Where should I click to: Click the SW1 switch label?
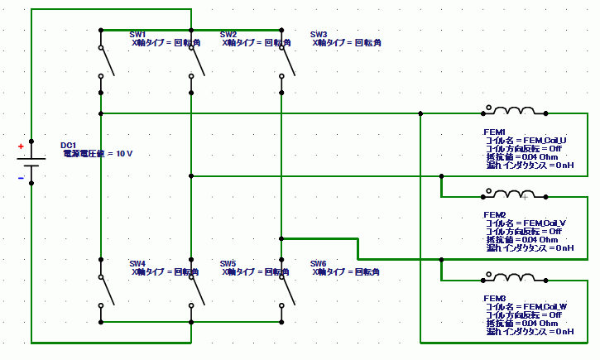tap(138, 35)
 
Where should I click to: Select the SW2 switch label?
tap(228, 35)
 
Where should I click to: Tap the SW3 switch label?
tap(319, 35)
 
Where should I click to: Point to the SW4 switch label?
tap(138, 263)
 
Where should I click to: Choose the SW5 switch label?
tap(228, 263)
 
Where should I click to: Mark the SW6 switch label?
tap(319, 263)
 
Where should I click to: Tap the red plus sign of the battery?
tap(22, 147)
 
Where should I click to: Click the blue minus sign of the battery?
tap(22, 177)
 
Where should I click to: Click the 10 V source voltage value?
tap(124, 154)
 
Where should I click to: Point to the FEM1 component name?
tap(494, 132)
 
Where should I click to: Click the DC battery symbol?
tap(31, 162)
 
